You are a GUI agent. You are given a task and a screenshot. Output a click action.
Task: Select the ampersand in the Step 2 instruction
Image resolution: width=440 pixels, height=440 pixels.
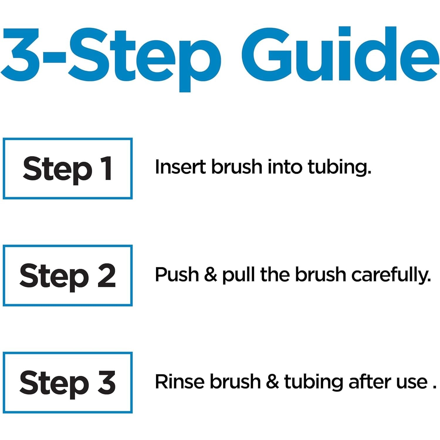pos(211,275)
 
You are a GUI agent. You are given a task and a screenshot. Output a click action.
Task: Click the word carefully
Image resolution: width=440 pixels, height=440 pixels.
pos(391,275)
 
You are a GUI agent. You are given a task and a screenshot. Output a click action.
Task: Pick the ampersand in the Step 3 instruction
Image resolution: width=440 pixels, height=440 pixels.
pos(273,382)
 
